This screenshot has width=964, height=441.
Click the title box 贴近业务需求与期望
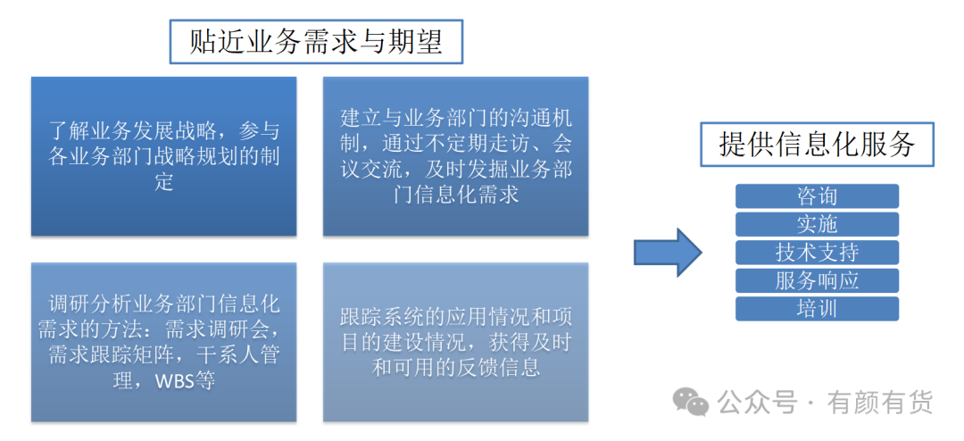[316, 42]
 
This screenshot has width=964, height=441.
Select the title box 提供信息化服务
[817, 145]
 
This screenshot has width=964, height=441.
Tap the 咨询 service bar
[817, 196]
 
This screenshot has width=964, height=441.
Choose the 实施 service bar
[817, 224]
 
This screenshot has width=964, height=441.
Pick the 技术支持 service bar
[817, 252]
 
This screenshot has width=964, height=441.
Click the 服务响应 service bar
[817, 280]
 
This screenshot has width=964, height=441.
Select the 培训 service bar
[817, 309]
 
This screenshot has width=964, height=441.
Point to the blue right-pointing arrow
[668, 252]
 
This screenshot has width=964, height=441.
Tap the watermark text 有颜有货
[880, 403]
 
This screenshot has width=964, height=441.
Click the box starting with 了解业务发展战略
[163, 156]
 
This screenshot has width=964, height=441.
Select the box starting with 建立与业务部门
[455, 156]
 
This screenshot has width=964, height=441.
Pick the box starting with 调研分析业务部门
[163, 342]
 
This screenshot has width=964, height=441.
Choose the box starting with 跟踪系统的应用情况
[455, 342]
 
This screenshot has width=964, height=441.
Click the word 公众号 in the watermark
[757, 403]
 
